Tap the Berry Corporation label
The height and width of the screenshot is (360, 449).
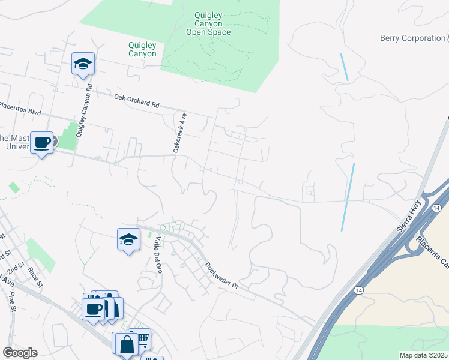(x=412, y=38)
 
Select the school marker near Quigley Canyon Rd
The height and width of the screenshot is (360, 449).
(x=83, y=63)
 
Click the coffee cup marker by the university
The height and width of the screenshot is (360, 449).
(x=41, y=143)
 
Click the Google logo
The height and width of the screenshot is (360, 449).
(x=20, y=353)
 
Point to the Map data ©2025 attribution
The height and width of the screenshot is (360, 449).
(x=424, y=355)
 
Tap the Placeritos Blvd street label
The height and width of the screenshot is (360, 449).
(x=20, y=109)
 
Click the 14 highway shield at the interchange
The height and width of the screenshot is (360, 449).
(x=435, y=207)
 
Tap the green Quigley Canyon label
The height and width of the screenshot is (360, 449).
(x=142, y=49)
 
